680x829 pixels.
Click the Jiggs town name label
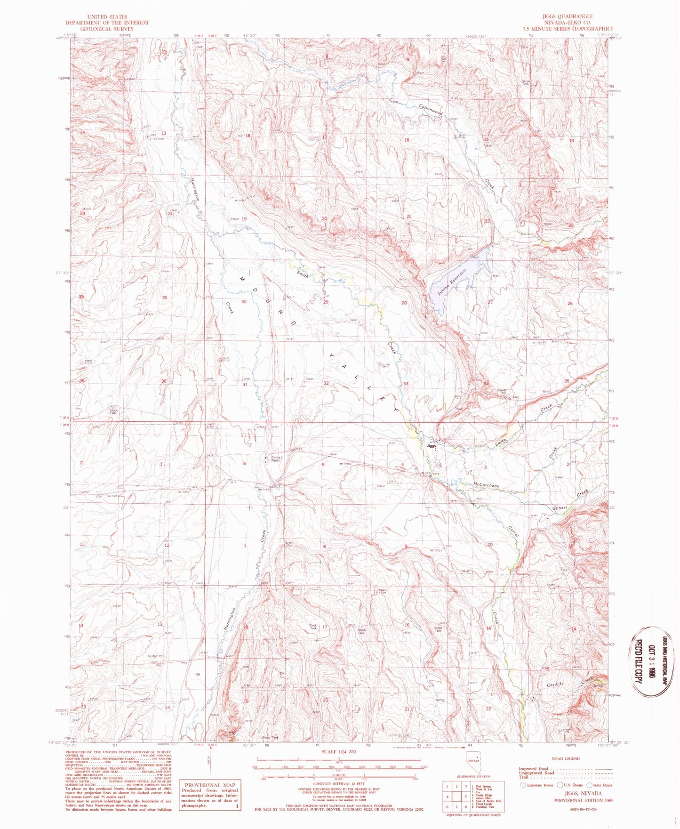(x=431, y=445)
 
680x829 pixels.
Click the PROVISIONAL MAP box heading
(x=209, y=785)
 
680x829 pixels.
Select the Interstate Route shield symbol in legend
(x=523, y=785)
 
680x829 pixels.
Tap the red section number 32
(x=326, y=383)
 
